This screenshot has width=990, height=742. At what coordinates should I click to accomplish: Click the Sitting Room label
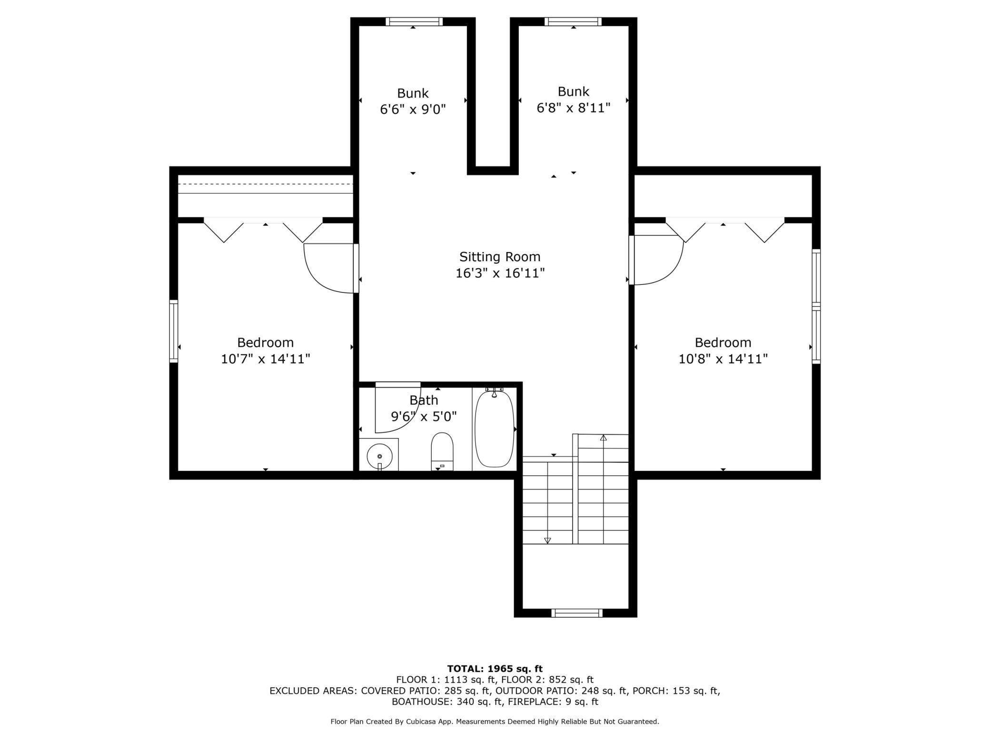click(500, 257)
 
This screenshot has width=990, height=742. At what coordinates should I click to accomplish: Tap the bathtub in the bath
click(495, 429)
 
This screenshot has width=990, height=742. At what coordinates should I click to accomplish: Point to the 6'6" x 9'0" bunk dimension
click(413, 110)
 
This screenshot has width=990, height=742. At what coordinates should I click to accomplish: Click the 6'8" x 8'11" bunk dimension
click(573, 108)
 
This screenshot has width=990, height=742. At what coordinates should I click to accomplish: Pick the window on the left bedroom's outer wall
click(174, 331)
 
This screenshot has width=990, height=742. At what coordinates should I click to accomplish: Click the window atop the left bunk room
click(414, 21)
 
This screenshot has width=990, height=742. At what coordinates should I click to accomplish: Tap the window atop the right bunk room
click(573, 21)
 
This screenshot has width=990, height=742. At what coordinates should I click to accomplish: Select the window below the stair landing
click(576, 613)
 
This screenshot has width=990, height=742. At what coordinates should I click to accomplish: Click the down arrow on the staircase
click(547, 540)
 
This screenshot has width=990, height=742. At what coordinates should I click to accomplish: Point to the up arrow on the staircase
click(604, 438)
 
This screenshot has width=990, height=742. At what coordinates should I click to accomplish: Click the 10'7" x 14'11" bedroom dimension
click(265, 359)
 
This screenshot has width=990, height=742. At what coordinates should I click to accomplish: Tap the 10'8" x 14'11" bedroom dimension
click(723, 359)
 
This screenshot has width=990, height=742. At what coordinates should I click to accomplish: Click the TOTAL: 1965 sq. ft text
click(495, 669)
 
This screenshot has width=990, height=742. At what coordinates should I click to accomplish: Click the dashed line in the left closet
click(265, 184)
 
